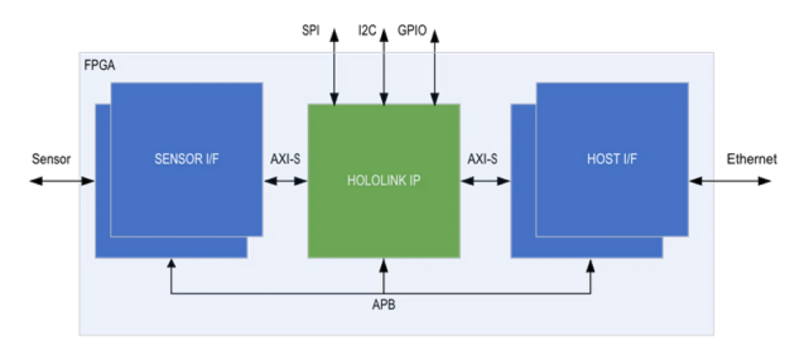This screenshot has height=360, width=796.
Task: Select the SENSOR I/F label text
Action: tap(187, 158)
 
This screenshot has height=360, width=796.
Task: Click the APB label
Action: tap(383, 305)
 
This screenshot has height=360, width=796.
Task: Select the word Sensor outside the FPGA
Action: tap(51, 158)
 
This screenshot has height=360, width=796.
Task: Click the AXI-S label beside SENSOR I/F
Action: tap(286, 158)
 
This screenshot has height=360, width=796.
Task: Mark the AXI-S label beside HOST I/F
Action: tap(482, 158)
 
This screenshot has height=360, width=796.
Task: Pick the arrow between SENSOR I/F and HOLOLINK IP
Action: tap(286, 180)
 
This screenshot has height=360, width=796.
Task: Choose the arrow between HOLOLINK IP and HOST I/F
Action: tap(486, 180)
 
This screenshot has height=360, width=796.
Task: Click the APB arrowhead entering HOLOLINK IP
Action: tap(384, 266)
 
